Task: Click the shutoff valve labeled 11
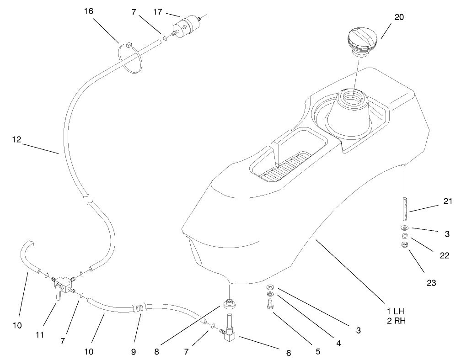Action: coord(59,287)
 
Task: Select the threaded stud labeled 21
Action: coord(405,207)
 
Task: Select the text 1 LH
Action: coord(395,311)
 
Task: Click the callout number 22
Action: coord(443,255)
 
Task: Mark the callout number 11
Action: coord(40,334)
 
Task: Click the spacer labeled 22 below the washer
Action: coord(404,236)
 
